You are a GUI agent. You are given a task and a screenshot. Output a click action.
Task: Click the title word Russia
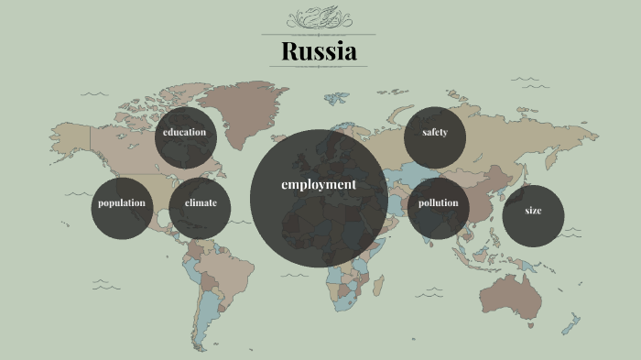pyautogui.click(x=319, y=51)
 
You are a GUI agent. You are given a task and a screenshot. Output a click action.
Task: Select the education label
pyautogui.click(x=185, y=132)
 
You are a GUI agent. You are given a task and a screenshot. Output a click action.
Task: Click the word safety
pyautogui.click(x=435, y=133)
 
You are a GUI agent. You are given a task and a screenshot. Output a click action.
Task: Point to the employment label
pyautogui.click(x=319, y=184)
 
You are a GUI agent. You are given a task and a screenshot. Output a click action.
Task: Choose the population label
pyautogui.click(x=122, y=202)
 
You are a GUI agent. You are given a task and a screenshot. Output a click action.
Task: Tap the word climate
pyautogui.click(x=201, y=202)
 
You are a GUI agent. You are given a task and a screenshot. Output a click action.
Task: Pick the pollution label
pyautogui.click(x=438, y=202)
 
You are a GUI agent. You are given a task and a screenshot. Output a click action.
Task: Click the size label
pyautogui.click(x=533, y=211)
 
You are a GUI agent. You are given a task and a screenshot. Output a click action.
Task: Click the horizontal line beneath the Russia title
pyautogui.click(x=319, y=67)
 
